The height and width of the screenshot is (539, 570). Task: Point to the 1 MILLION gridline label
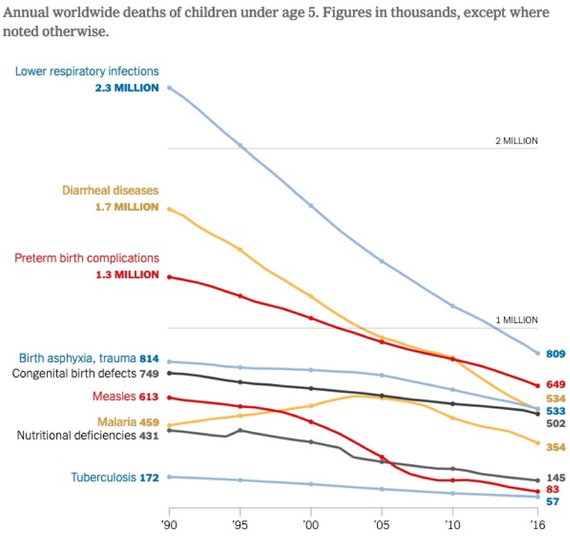[x=517, y=320]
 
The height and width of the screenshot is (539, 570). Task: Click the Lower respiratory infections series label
[x=87, y=71]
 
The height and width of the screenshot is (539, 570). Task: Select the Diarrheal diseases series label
[x=111, y=191]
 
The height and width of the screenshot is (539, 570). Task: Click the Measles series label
[x=114, y=397]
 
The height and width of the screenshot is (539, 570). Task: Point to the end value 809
[x=555, y=353]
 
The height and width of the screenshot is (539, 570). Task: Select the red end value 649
[x=555, y=384]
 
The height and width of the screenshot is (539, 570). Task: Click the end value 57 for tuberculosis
[x=553, y=502]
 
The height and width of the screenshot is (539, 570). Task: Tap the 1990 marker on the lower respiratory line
[x=169, y=88]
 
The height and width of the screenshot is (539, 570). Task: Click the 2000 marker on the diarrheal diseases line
[x=311, y=296]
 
